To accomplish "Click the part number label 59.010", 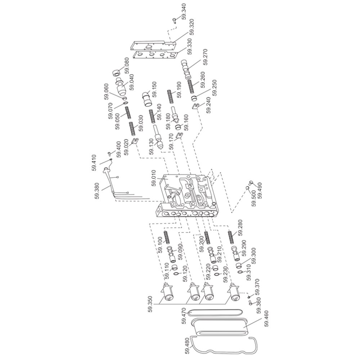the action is pos(154,177).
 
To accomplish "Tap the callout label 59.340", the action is pos(184,11).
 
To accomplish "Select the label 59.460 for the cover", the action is pos(266,319).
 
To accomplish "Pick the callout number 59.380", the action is pos(97,190).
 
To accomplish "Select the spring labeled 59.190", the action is pos(170,96).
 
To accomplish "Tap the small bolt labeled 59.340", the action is pos(175,21).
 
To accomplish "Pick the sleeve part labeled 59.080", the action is pos(117,72).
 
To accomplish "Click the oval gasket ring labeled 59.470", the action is pos(215,312).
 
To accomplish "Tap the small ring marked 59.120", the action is pos(176,274).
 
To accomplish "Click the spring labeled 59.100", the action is pos(166,238).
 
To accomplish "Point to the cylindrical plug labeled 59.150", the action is pos(147,99).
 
